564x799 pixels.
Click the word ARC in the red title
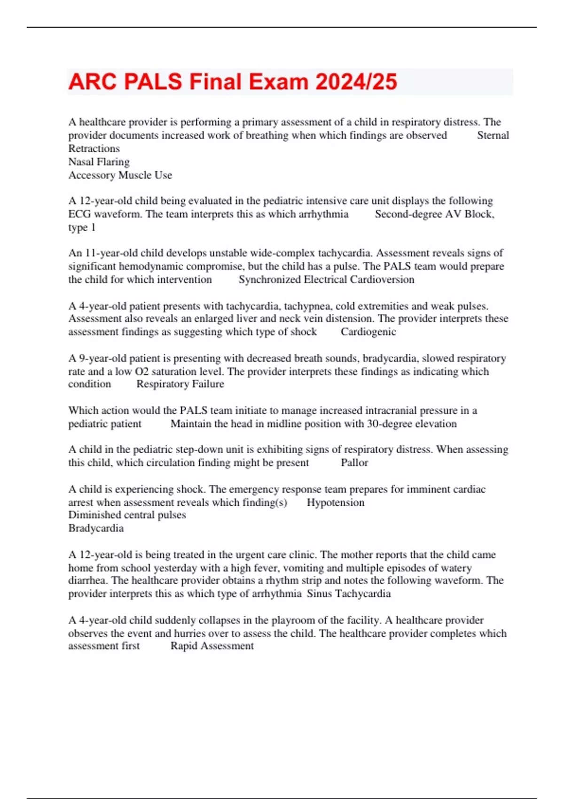tap(92, 82)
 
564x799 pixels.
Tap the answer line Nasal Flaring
tap(99, 162)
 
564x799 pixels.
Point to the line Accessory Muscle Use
tap(120, 175)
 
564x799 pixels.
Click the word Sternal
tap(493, 135)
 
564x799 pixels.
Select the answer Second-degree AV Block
tap(434, 214)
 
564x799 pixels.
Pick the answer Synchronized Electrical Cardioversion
tap(326, 280)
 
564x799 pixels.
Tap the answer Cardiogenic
tap(368, 332)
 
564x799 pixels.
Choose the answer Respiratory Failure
tap(180, 384)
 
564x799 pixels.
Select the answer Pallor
tap(354, 462)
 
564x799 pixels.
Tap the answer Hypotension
tap(335, 502)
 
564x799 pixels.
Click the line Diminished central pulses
tap(127, 515)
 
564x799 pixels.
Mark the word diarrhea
tap(88, 580)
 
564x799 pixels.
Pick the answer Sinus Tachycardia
tap(349, 594)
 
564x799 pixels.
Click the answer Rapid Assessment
tap(212, 646)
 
